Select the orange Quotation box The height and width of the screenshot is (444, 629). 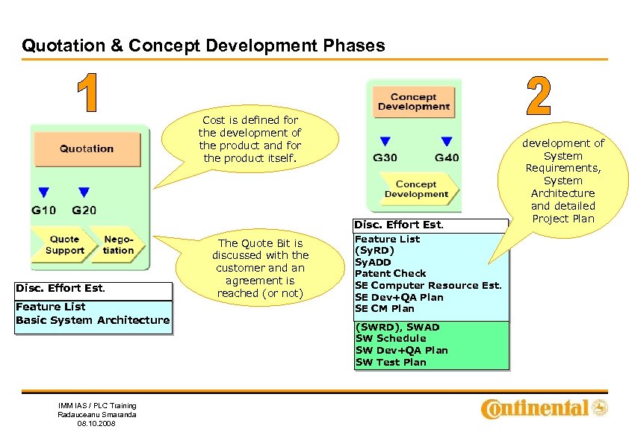coord(87,148)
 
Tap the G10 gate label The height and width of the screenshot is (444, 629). coord(43,210)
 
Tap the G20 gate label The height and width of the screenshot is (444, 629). coord(84,210)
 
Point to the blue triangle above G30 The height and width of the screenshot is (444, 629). coord(385,141)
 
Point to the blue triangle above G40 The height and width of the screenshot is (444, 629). coord(446,141)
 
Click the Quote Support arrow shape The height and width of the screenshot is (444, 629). coord(64,246)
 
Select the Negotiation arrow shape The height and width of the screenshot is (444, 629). coord(119,246)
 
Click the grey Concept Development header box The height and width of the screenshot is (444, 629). coord(413,101)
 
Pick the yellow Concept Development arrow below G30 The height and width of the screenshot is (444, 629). coord(415,190)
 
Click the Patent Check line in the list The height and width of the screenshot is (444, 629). coord(390,274)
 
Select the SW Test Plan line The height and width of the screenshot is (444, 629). coord(391,363)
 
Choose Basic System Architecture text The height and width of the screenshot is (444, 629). coord(93,320)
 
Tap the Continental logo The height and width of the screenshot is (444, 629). coord(545,408)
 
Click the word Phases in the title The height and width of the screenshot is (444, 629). coord(355,46)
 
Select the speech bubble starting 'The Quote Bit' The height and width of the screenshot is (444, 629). coord(259,268)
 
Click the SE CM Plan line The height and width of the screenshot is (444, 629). coord(384,309)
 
